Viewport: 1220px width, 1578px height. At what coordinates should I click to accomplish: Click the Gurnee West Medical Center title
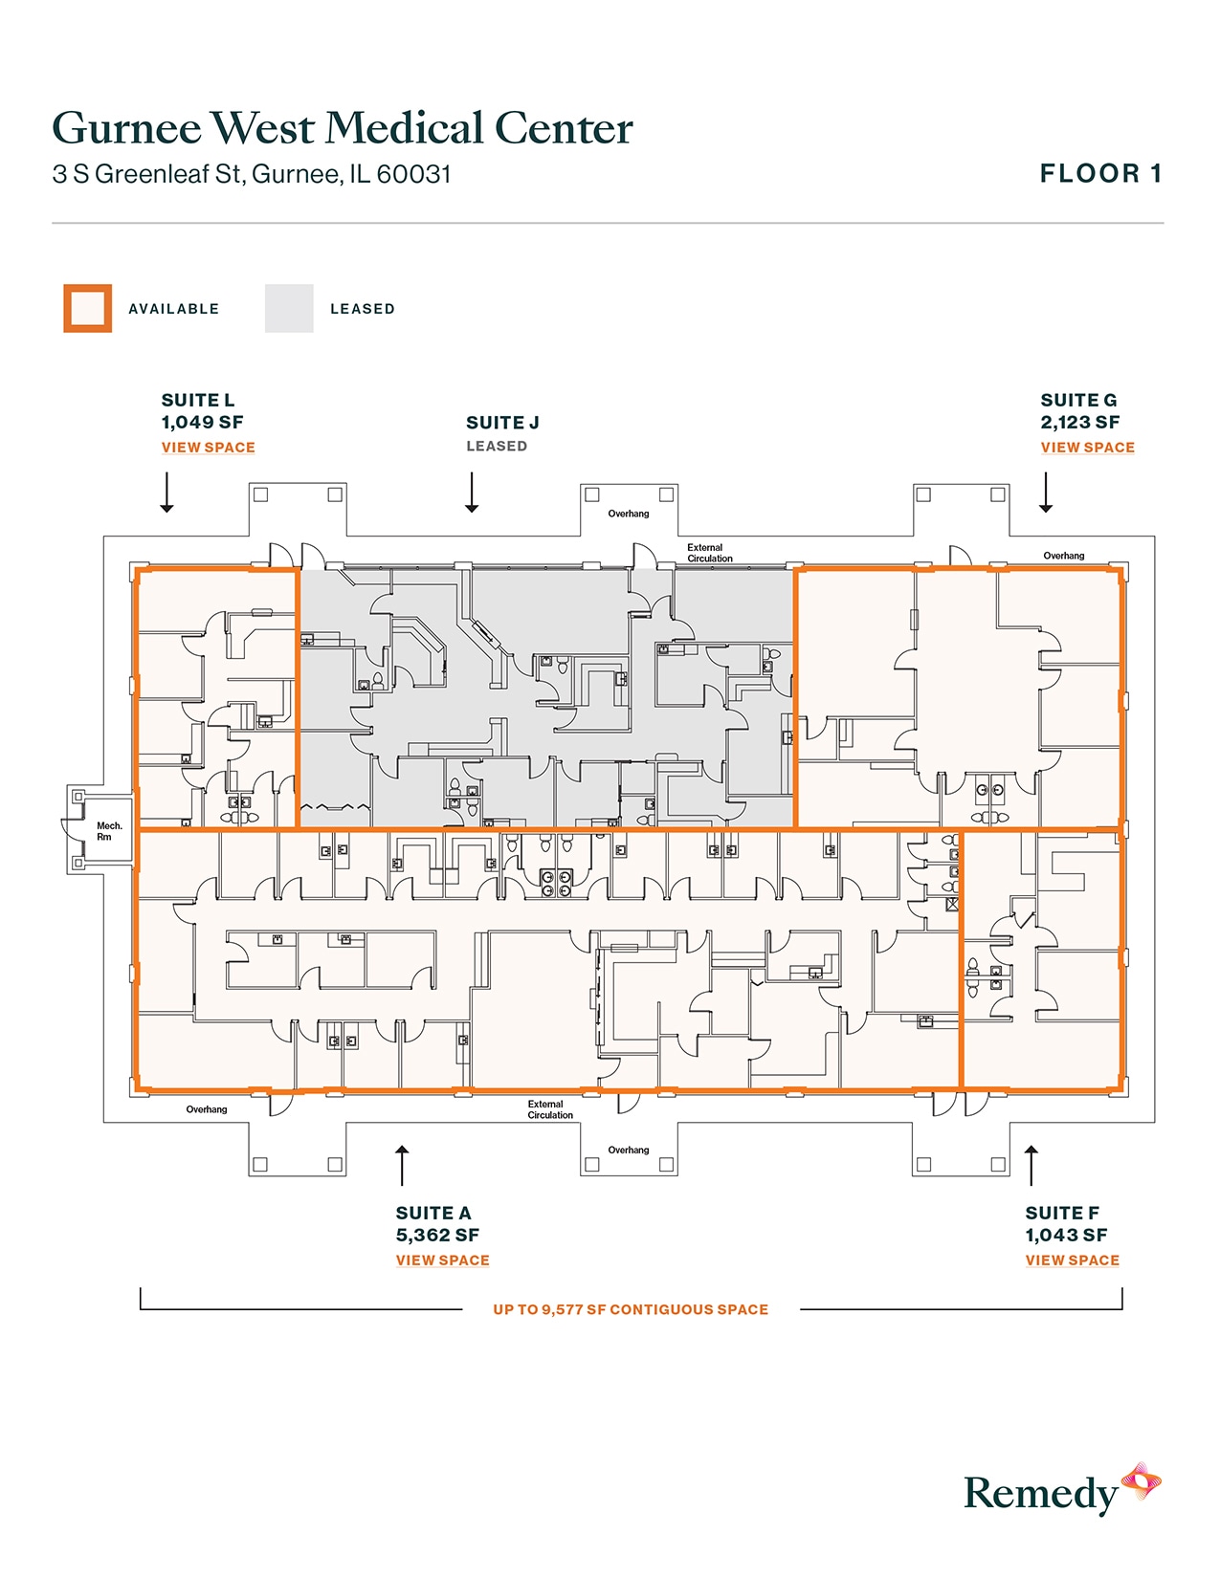tap(342, 128)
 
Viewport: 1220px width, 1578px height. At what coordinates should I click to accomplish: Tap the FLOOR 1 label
tap(1100, 174)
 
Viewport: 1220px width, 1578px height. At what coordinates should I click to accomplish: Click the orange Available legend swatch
tap(88, 309)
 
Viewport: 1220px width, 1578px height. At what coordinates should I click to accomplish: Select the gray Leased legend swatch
tap(289, 309)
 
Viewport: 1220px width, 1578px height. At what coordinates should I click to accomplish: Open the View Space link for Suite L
tap(208, 448)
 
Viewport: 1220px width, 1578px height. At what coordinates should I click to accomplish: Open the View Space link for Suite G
tap(1087, 448)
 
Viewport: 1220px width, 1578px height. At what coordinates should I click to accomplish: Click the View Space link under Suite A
tap(442, 1260)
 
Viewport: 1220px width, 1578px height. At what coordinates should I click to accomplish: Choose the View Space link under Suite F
tap(1072, 1260)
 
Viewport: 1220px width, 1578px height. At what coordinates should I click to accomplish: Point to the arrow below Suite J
tap(472, 492)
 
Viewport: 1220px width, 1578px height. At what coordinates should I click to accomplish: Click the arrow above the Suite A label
tap(403, 1165)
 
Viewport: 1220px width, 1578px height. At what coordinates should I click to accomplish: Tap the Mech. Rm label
tap(108, 831)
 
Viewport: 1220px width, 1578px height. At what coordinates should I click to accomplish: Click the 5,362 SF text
tap(437, 1236)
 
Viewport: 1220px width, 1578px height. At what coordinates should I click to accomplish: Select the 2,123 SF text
tap(1079, 423)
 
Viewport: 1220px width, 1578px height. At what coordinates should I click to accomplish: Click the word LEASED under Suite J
tap(496, 447)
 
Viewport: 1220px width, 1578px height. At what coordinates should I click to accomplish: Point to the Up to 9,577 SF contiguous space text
tap(631, 1310)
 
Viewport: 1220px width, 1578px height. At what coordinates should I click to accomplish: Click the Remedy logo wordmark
tap(1040, 1493)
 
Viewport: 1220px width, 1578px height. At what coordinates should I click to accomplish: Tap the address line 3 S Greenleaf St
tap(251, 175)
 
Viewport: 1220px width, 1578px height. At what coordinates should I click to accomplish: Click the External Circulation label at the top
tap(709, 553)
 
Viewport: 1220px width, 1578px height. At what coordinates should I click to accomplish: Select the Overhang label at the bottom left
tap(207, 1109)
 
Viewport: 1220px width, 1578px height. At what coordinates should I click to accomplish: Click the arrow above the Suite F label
tap(1031, 1165)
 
